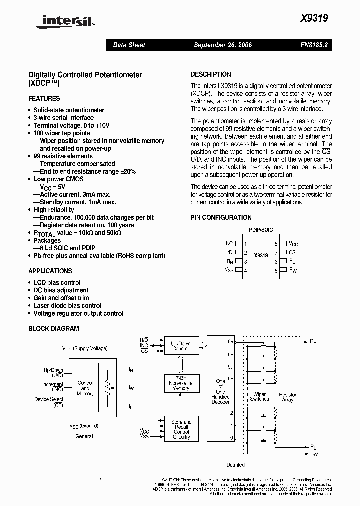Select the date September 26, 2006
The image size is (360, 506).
223,45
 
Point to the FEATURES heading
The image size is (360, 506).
44,99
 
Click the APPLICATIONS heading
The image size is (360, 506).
50,271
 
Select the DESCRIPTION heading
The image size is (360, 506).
211,74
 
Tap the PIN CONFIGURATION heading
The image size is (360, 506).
221,218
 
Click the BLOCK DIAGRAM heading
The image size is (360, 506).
54,329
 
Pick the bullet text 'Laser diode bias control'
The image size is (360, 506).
67,306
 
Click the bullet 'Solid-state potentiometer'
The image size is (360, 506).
69,110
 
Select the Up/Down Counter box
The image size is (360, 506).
181,346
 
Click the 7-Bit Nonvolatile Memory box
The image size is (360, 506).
181,383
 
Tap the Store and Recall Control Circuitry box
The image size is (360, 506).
181,429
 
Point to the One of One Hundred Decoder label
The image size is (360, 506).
220,391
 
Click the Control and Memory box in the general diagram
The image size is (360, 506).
85,388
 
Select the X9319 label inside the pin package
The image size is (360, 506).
261,255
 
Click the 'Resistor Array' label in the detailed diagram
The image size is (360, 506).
287,397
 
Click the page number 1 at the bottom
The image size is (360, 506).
100,481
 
